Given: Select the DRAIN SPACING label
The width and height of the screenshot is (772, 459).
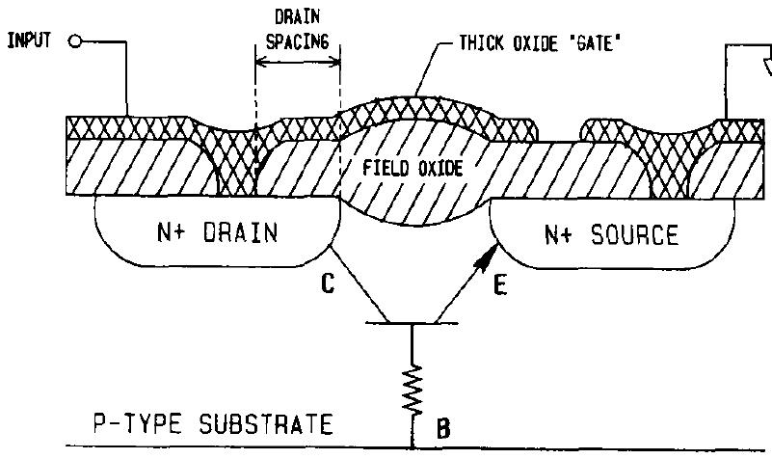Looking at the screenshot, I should click(299, 30).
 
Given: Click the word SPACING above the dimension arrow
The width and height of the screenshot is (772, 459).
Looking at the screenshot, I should click(299, 41).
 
